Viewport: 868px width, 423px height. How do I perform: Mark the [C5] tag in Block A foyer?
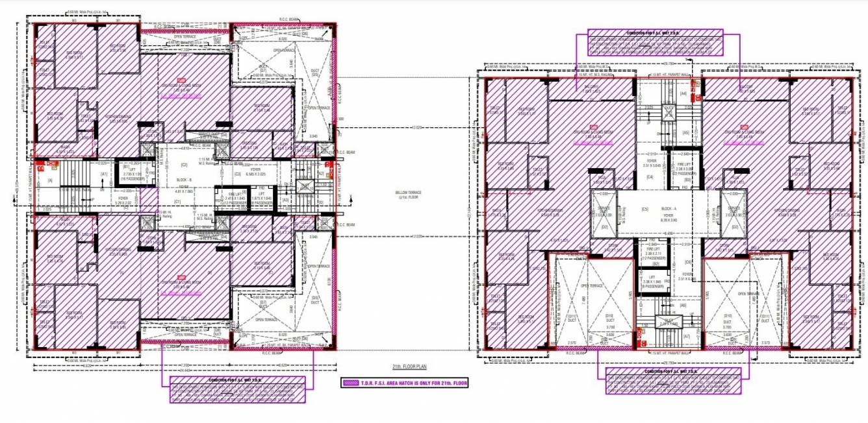coord(645,209)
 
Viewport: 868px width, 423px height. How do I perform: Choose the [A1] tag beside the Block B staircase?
coord(103,175)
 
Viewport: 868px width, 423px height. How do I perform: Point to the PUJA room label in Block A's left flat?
coord(597,180)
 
